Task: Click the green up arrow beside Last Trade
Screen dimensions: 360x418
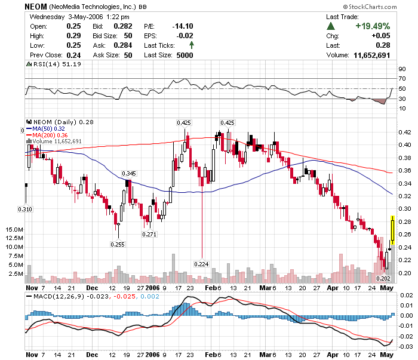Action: pos(331,27)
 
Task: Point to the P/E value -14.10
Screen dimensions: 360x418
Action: pos(183,26)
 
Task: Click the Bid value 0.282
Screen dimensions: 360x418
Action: pos(123,26)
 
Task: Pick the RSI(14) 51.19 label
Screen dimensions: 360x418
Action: pos(48,64)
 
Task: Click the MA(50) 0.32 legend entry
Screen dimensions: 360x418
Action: pos(49,128)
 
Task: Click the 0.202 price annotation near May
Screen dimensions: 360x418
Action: pos(383,278)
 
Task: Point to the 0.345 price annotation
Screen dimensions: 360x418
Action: pos(129,173)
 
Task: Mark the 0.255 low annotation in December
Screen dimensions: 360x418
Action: pos(117,244)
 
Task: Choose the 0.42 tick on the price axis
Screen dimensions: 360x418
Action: pos(404,132)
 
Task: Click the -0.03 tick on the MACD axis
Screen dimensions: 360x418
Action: pos(405,347)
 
